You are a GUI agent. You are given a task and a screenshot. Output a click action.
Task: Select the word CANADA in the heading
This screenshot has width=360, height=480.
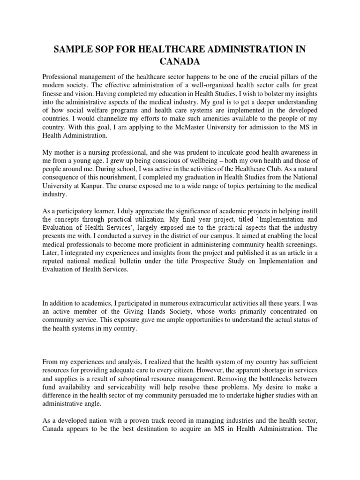(x=180, y=62)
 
